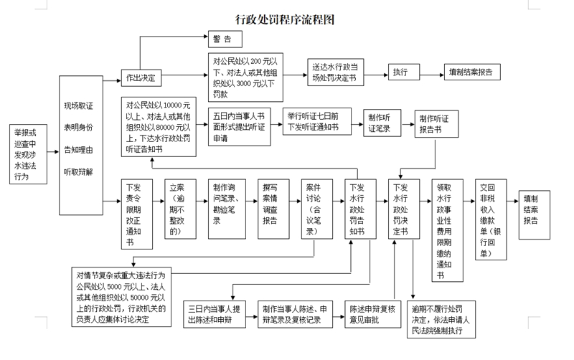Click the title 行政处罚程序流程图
[x=286, y=19]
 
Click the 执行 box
[x=401, y=72]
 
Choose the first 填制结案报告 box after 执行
[x=471, y=72]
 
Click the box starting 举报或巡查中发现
[x=27, y=154]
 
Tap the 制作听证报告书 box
[x=435, y=123]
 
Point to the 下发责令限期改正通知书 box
[x=135, y=213]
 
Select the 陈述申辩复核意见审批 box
[x=372, y=313]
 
